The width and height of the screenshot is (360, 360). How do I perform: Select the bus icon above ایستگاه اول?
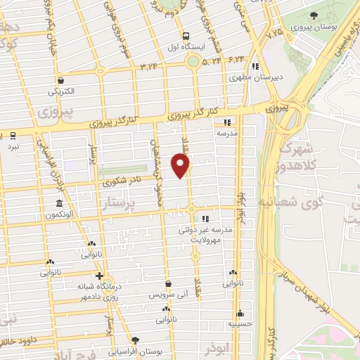pos(185,37)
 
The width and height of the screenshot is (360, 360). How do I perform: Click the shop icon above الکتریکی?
pos(61,80)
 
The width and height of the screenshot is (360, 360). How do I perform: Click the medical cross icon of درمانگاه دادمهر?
pos(100,276)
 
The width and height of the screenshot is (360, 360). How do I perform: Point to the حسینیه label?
pos(240,324)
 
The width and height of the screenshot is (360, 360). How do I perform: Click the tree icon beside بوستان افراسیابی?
pos(146,340)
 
